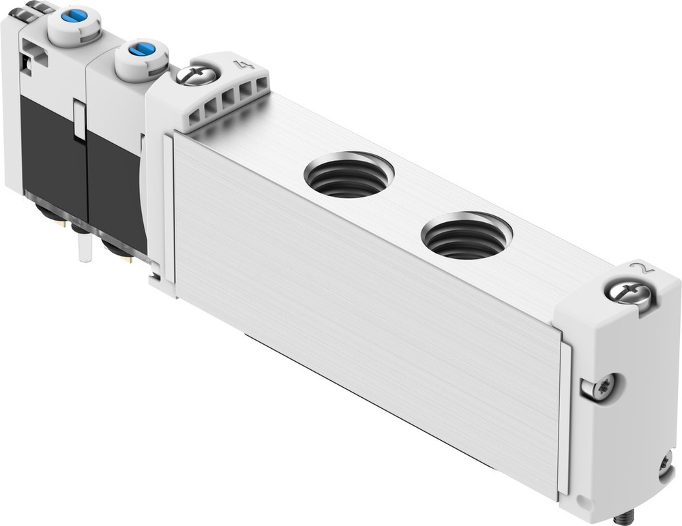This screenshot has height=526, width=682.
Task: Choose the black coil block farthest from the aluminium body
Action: pos(48,150)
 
